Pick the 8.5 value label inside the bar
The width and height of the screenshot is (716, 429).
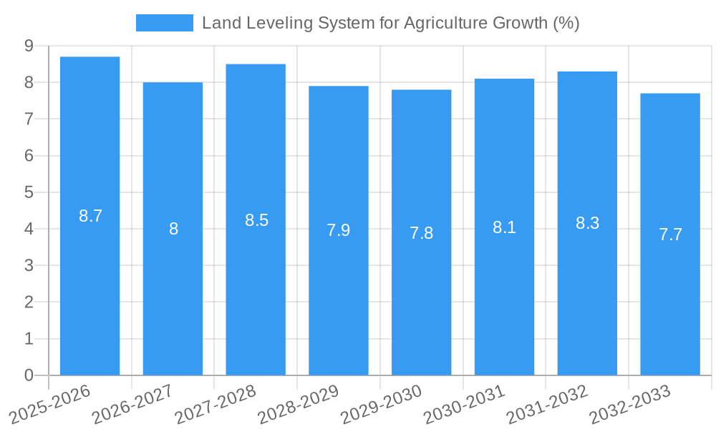[256, 220]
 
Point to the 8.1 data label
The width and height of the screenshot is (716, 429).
[504, 227]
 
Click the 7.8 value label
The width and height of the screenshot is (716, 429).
[421, 233]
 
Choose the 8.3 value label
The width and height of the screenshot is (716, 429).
[587, 223]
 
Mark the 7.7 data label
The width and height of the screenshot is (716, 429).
[670, 235]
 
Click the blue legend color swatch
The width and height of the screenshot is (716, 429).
[165, 23]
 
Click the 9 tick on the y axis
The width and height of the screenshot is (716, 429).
[29, 46]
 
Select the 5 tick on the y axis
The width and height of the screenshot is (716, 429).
[29, 192]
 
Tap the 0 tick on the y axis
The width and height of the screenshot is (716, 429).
[29, 375]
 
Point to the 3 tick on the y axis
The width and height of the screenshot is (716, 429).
[29, 265]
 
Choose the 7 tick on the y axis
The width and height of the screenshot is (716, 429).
[29, 119]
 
